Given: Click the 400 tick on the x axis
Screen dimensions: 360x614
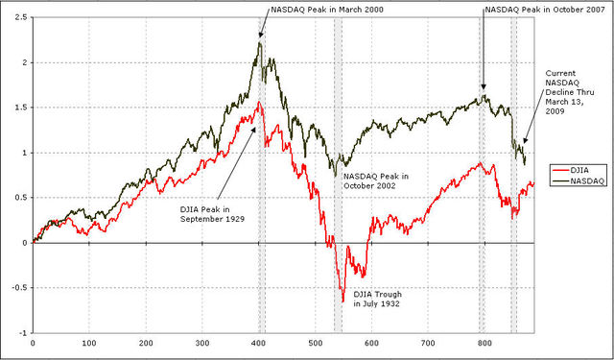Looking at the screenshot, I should point(258,342).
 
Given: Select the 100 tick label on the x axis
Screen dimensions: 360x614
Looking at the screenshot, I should point(89,342).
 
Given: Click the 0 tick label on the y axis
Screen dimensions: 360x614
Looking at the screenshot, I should point(24,243).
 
